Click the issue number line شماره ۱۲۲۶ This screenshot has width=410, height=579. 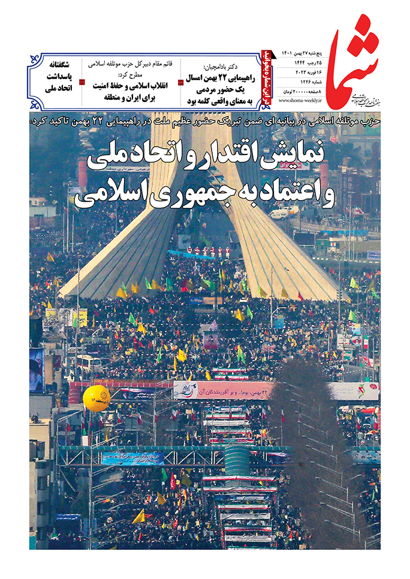(x=312, y=81)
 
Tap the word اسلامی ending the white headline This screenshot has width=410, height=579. (x=100, y=197)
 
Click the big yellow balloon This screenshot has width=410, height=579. (x=96, y=397)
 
